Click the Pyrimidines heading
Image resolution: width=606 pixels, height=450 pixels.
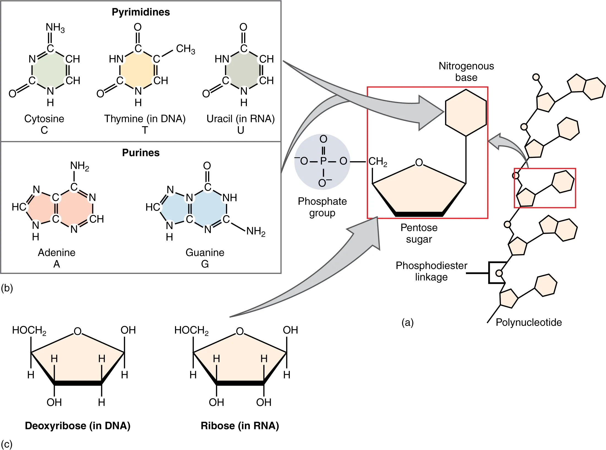pos(141,12)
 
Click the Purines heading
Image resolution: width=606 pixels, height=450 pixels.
pos(141,153)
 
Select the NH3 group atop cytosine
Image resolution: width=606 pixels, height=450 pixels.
pos(55,27)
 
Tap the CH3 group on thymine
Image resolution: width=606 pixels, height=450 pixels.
pos(185,49)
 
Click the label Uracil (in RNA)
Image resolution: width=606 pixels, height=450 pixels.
pos(241,119)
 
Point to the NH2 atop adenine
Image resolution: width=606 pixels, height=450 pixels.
pos(80,166)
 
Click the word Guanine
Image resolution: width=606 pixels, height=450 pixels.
pos(205,252)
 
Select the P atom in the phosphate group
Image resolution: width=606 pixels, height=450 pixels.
pos(323,161)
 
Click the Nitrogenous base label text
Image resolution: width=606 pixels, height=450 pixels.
pos(466,72)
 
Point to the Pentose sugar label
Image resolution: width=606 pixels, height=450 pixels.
pos(419,233)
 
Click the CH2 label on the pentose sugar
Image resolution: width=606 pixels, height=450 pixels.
pos(377,161)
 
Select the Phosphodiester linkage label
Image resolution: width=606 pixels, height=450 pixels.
pos(431,271)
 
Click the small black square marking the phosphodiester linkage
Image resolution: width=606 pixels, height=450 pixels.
pos(498,273)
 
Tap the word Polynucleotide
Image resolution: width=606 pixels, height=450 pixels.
pos(528,322)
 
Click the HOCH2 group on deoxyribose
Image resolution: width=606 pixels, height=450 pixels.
pos(29,330)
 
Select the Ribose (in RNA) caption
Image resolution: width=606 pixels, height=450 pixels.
pos(240,426)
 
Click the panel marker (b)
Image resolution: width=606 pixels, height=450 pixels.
pos(7,288)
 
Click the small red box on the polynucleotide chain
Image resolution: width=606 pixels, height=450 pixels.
pos(545,188)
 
